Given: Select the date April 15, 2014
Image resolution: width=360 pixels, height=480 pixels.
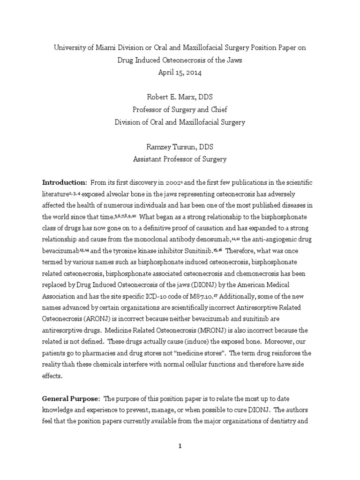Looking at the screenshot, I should [x=180, y=72].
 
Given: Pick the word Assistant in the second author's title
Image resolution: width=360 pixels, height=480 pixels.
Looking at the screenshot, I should [x=150, y=159].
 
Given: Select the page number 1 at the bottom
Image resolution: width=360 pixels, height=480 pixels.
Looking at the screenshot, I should [x=180, y=446].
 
